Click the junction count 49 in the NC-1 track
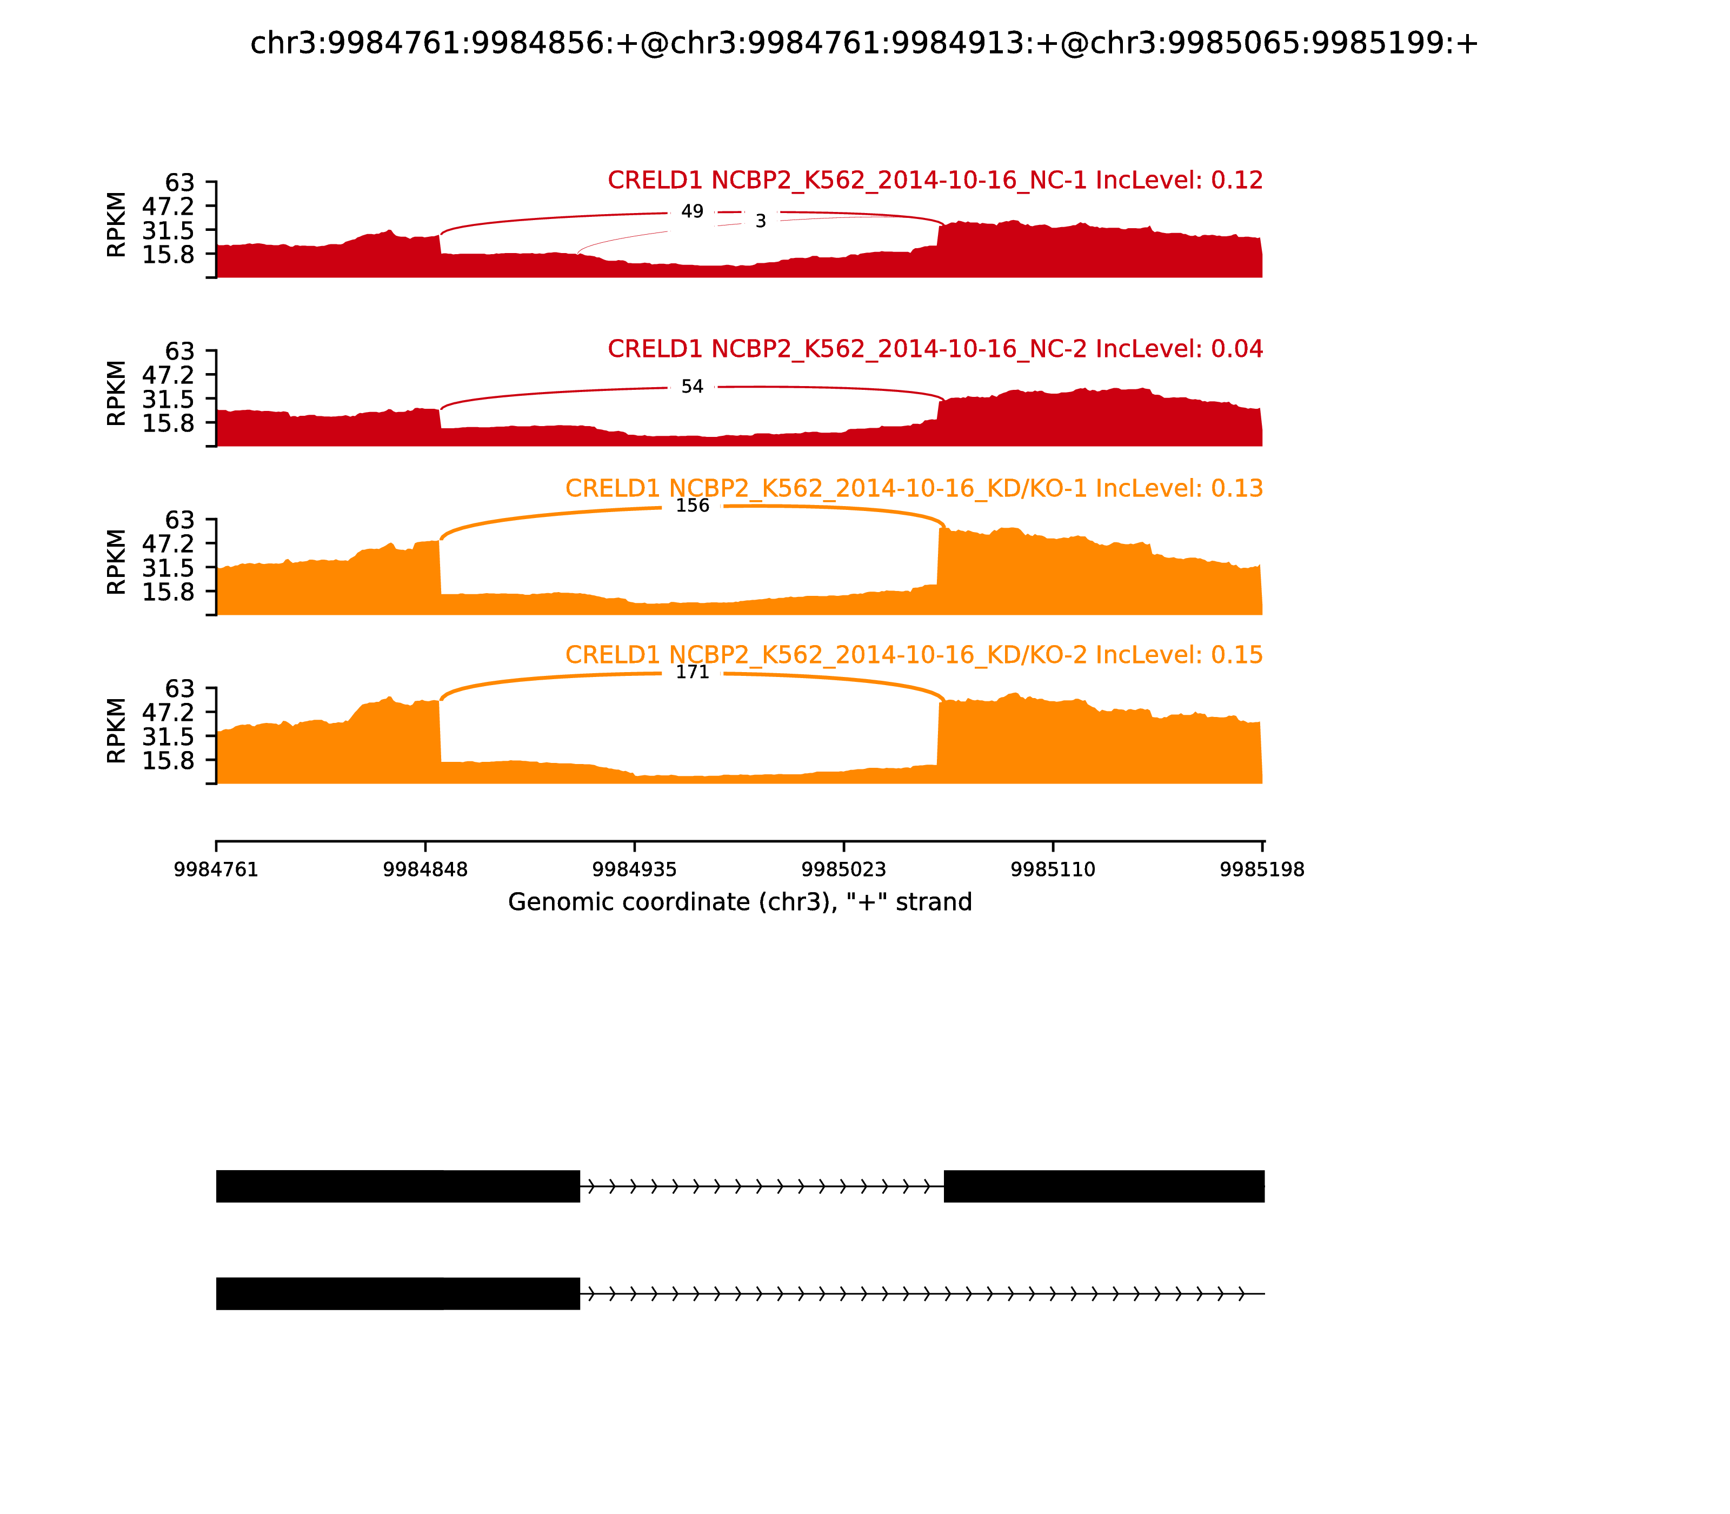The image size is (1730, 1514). [x=692, y=211]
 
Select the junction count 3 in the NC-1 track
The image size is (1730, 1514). [x=760, y=221]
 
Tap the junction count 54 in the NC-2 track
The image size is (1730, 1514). [x=692, y=386]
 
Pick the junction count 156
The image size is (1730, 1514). [x=692, y=505]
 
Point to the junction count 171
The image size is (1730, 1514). [x=692, y=672]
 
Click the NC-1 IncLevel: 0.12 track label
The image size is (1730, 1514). [x=935, y=180]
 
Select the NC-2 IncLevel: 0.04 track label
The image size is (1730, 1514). [x=935, y=349]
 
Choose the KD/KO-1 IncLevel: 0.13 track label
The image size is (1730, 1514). [x=914, y=488]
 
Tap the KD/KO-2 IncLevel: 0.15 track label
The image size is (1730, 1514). [x=914, y=655]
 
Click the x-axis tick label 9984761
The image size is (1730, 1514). [x=216, y=870]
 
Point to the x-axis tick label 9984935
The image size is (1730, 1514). [x=634, y=870]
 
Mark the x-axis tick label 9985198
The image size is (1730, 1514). [x=1262, y=870]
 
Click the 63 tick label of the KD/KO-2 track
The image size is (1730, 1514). [x=179, y=688]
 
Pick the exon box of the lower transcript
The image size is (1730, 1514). [x=398, y=1293]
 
